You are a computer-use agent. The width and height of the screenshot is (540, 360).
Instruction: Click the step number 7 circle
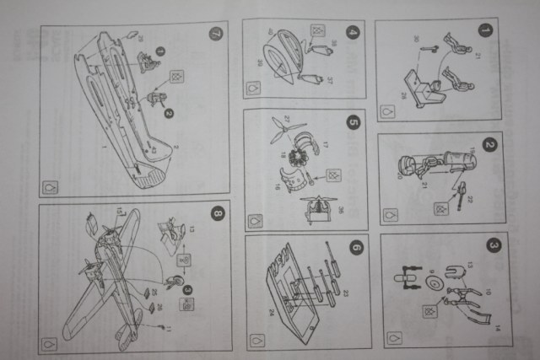214,35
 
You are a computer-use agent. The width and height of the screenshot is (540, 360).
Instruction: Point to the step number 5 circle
353,122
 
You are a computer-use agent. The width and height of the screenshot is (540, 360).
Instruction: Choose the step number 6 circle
355,248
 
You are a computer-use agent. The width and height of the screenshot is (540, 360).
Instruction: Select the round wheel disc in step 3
434,286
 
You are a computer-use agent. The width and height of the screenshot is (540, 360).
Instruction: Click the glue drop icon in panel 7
51,187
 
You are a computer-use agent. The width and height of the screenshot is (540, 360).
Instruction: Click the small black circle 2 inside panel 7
168,112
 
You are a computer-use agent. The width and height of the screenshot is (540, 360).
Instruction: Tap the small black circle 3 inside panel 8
187,289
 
